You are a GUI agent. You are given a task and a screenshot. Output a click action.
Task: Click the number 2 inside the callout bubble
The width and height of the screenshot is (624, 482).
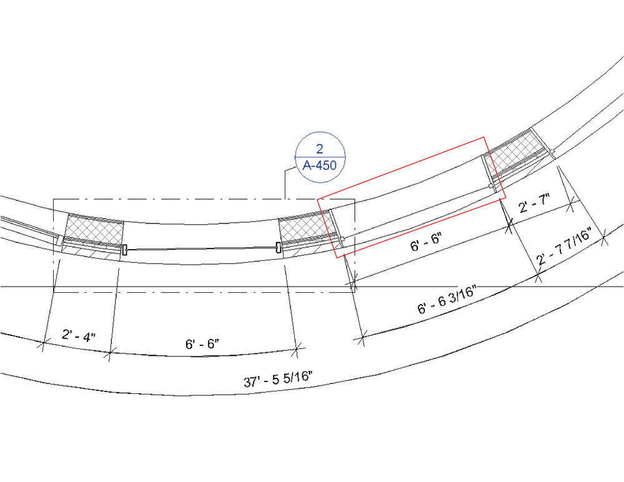click(319, 149)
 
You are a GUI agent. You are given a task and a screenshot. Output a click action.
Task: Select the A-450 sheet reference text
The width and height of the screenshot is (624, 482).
click(319, 165)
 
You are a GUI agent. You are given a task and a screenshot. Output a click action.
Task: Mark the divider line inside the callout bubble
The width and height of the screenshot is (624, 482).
click(319, 157)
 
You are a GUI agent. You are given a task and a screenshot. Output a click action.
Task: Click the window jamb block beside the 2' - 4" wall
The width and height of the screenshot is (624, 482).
click(125, 250)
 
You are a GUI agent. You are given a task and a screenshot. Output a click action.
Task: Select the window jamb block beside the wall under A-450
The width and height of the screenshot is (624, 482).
click(278, 248)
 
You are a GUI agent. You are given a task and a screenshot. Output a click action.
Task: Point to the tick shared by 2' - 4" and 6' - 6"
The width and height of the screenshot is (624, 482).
click(110, 353)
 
